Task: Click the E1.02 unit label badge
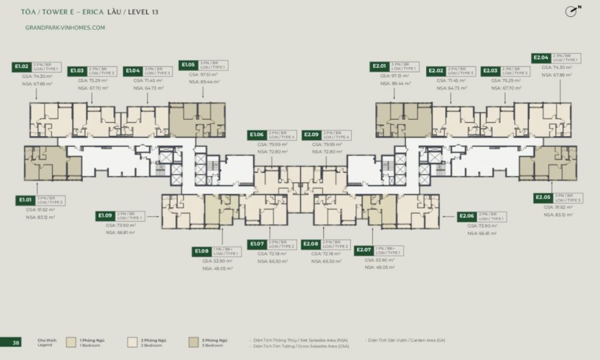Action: [22, 67]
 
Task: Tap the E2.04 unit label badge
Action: [541, 58]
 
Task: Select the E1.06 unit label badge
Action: [257, 135]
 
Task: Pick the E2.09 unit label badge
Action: [311, 135]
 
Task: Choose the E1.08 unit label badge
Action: [203, 252]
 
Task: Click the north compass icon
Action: [573, 12]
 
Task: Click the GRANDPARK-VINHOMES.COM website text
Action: [66, 28]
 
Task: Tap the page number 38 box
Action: [16, 342]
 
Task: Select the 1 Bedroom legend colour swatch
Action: [71, 342]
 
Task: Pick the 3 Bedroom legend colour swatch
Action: [193, 342]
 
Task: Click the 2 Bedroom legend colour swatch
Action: [132, 342]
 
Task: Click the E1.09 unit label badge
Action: [106, 216]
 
